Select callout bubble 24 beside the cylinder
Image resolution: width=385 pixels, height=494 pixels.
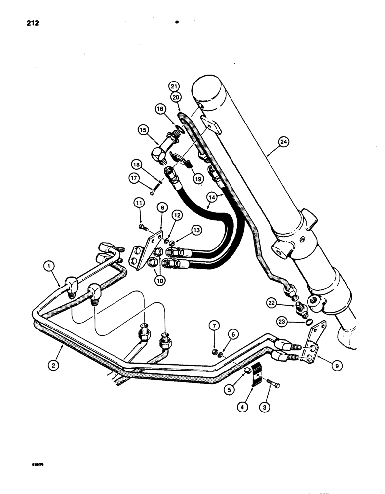(284, 142)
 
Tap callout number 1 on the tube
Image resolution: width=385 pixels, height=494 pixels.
(49, 266)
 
